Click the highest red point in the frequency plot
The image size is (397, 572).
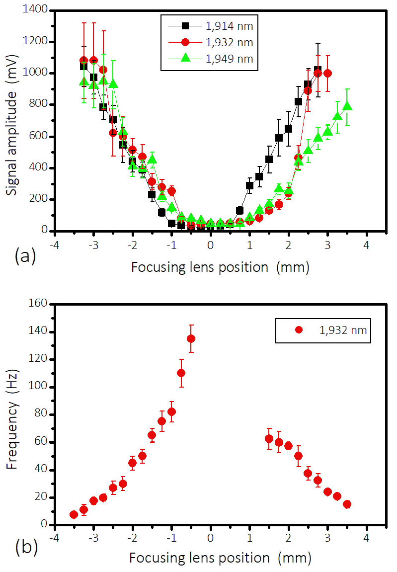tap(191, 338)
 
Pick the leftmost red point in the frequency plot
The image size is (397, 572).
tap(74, 514)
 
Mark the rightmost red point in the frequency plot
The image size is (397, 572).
tap(347, 504)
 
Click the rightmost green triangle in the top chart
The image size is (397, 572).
tap(347, 106)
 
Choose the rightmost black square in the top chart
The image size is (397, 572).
tap(318, 70)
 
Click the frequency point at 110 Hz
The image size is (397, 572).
tap(181, 373)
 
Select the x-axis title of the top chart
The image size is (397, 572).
tap(220, 267)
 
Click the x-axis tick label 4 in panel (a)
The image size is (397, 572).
tap(366, 245)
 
